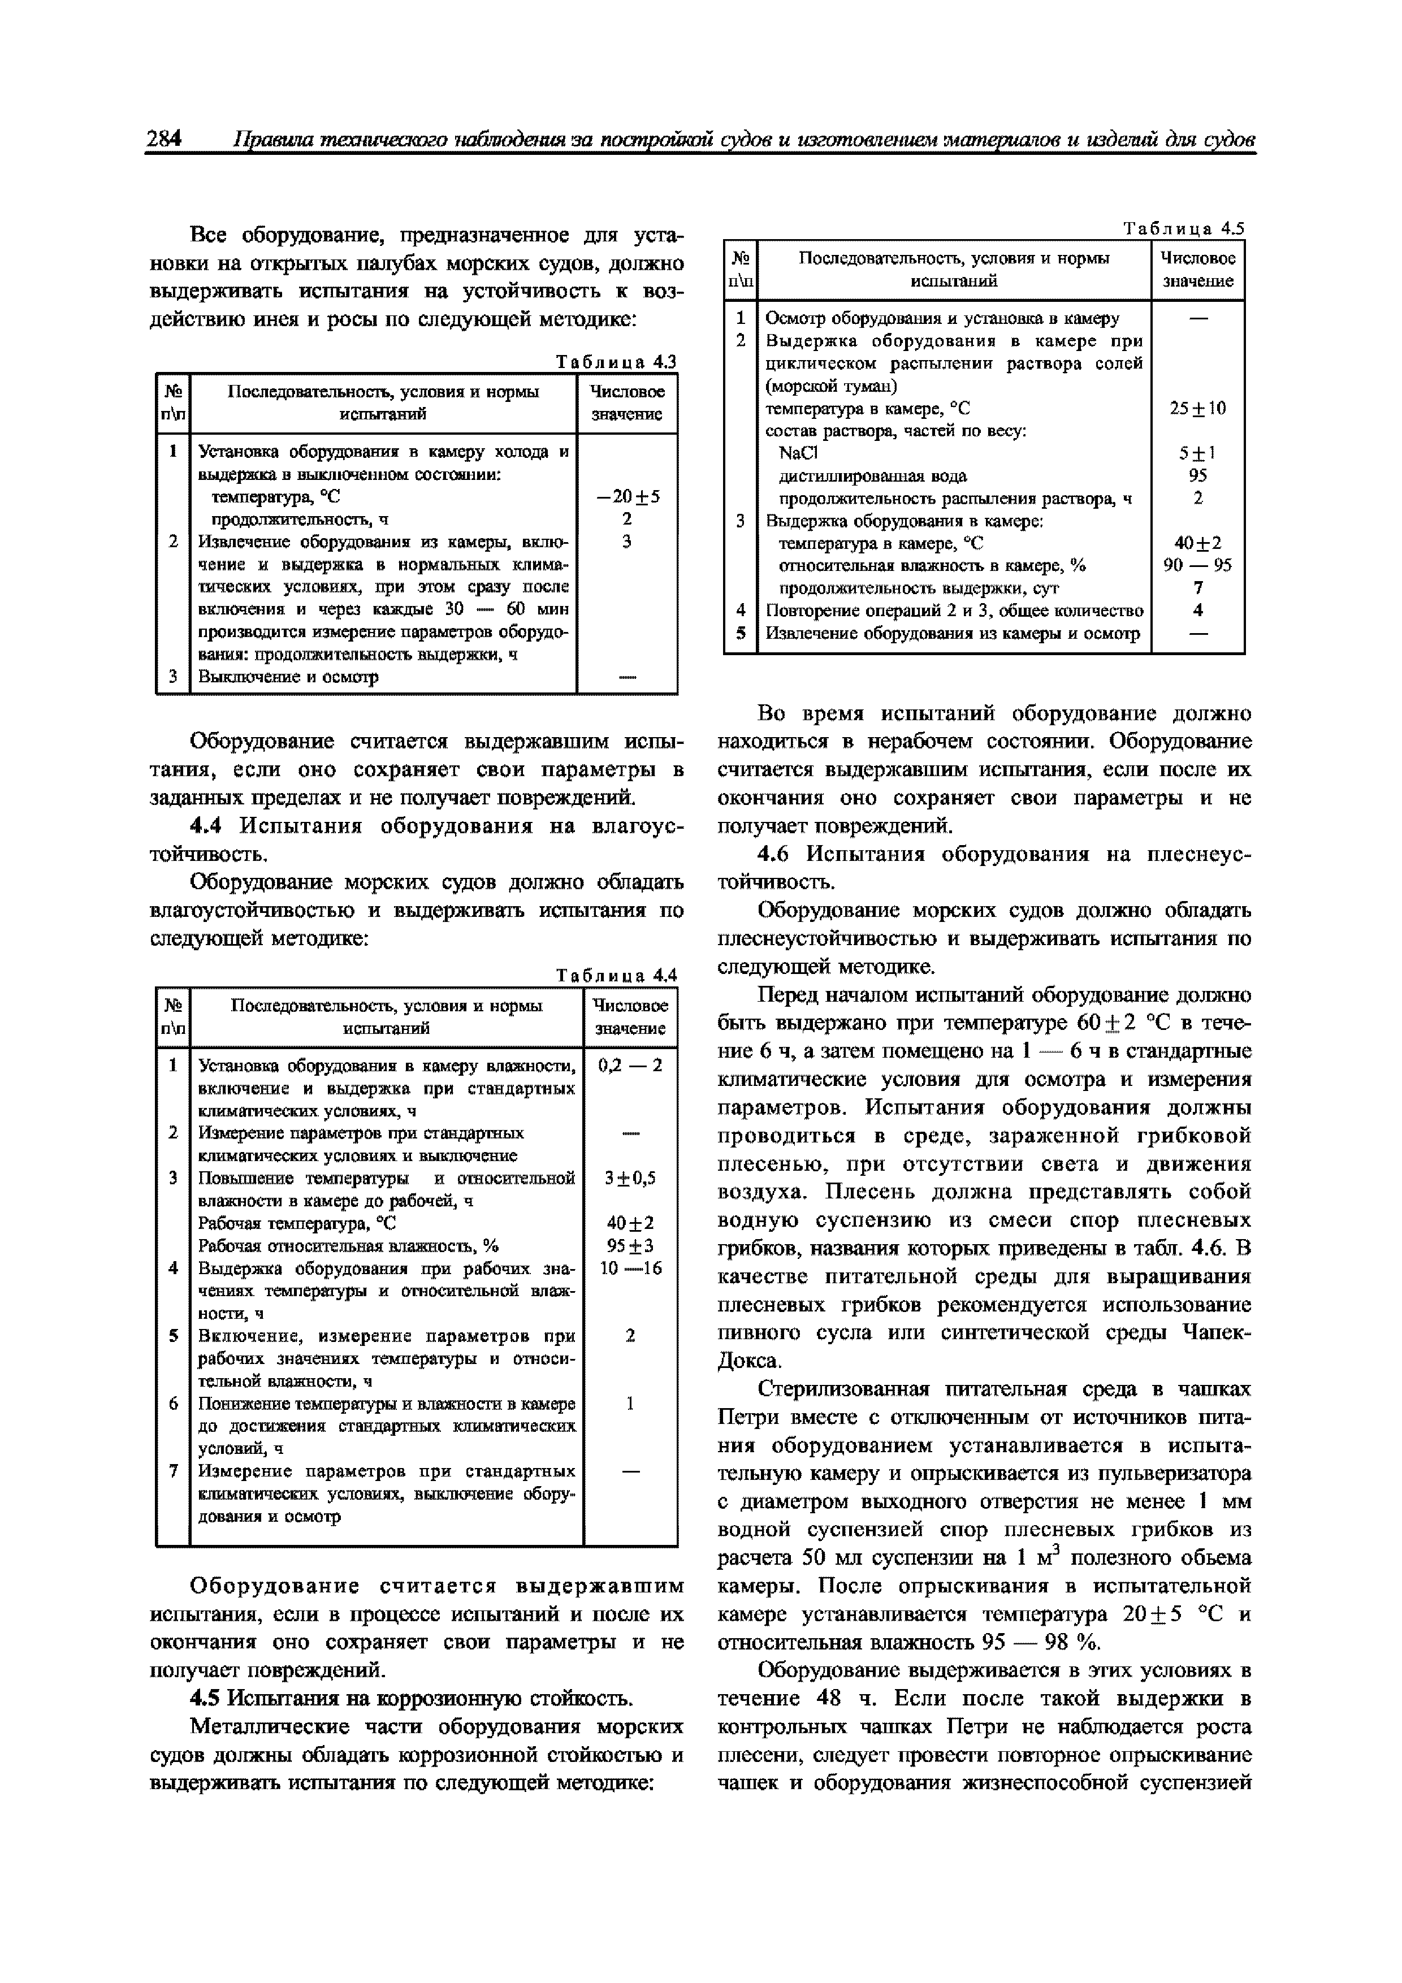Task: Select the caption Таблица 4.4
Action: pyautogui.click(x=616, y=975)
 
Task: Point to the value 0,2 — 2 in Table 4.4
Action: pyautogui.click(x=630, y=1065)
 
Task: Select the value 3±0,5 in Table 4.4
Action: pyautogui.click(x=630, y=1178)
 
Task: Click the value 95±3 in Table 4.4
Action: pyautogui.click(x=630, y=1245)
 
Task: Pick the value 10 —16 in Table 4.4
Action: pyautogui.click(x=630, y=1268)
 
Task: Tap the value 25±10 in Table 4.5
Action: pyautogui.click(x=1197, y=408)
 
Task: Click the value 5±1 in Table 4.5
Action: pyautogui.click(x=1197, y=453)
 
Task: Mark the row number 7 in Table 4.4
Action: pyautogui.click(x=173, y=1471)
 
